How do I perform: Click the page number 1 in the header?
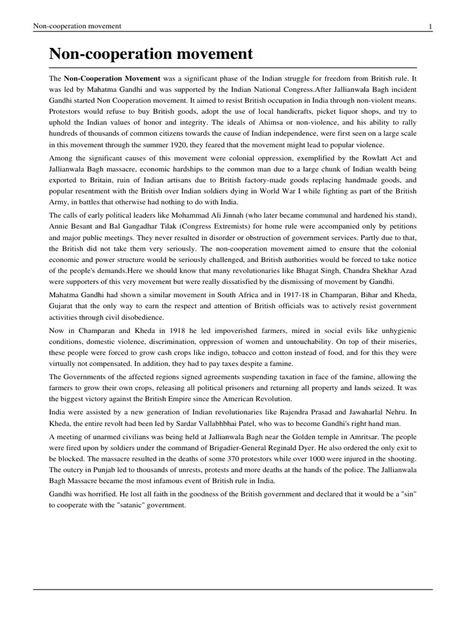(x=430, y=26)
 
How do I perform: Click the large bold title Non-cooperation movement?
(x=150, y=54)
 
